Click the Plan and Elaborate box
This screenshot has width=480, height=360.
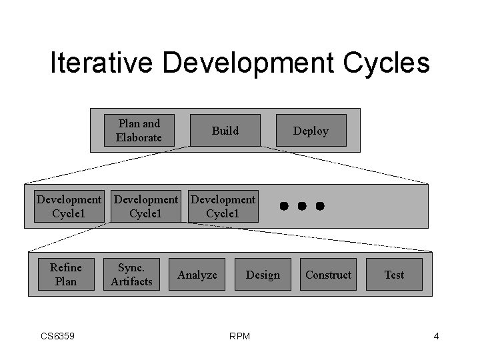139,131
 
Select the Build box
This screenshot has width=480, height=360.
225,131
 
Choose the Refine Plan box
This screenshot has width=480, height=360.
65,275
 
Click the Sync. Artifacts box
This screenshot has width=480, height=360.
131,275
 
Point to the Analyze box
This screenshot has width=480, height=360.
197,275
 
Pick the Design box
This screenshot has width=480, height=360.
263,275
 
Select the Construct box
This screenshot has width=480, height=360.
328,275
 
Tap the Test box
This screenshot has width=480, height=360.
394,275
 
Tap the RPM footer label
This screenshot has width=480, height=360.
239,336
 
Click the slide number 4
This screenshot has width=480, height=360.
436,336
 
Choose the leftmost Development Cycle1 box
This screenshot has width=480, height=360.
69,207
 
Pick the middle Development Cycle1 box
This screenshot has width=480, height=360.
146,207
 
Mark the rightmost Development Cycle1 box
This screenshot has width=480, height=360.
223,207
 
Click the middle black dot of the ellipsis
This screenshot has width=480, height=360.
301,206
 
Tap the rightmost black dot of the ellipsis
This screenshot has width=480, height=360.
320,206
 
